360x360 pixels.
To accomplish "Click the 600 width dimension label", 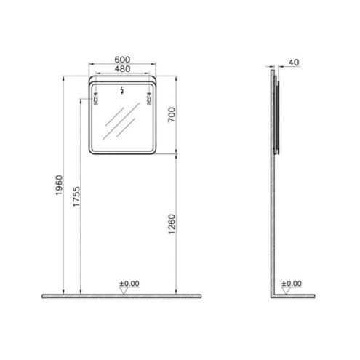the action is point(122,60).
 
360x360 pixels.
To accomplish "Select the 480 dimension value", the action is point(122,69).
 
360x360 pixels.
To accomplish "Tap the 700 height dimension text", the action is point(172,115).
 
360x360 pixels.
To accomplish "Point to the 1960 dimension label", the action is point(59,185).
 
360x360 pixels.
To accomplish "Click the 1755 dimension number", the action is point(76,196).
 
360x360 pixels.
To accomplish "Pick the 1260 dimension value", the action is point(172,224).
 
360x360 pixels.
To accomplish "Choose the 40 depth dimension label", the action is point(294,63).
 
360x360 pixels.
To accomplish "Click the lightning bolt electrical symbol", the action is point(122,90).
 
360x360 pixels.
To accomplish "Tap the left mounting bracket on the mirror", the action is point(96,99).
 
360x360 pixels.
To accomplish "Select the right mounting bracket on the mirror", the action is point(149,99).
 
